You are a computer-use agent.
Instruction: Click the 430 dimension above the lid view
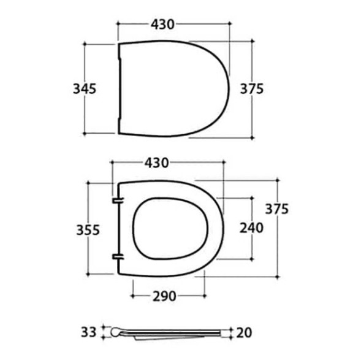tap(162, 24)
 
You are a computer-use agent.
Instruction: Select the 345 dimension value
tap(84, 88)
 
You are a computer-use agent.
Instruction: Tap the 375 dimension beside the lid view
tap(251, 88)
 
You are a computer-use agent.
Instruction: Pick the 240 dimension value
tap(251, 228)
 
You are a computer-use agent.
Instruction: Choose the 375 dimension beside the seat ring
tap(276, 209)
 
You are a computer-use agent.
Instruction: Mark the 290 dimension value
tap(164, 296)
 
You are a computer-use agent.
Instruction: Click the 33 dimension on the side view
tap(89, 332)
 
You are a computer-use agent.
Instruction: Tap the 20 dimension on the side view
tap(244, 333)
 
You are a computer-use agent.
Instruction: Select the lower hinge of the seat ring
tap(116, 256)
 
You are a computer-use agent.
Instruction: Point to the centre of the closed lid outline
tap(172, 88)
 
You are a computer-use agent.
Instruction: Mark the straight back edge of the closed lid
tap(119, 88)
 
